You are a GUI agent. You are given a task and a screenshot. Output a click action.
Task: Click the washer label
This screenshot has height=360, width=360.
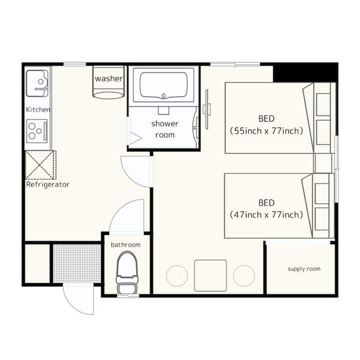click(109, 78)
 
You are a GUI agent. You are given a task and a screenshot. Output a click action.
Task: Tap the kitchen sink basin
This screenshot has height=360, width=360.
click(37, 83)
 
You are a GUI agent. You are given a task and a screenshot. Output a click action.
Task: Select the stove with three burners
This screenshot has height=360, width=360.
click(37, 131)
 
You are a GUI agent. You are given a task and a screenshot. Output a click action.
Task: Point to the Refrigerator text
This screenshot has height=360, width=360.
click(48, 184)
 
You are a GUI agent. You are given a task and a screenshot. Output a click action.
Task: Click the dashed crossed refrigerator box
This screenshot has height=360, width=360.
click(40, 165)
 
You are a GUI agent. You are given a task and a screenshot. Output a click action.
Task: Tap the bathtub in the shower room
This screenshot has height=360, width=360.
click(163, 85)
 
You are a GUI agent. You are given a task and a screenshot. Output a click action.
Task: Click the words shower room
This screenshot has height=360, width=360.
click(165, 129)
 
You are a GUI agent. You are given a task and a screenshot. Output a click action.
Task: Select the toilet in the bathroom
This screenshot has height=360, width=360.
click(127, 272)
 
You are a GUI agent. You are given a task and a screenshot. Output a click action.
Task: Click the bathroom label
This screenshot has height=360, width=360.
click(125, 244)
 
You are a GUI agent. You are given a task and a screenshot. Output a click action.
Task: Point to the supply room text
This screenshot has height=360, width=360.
click(304, 269)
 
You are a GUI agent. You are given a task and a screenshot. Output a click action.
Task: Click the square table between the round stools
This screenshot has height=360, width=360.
click(210, 275)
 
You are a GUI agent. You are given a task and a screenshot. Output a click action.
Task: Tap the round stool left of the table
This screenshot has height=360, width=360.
click(177, 275)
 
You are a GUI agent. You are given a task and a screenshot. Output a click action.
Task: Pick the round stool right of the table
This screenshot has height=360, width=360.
click(244, 275)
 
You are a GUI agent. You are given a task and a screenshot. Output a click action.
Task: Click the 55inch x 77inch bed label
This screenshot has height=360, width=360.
click(266, 131)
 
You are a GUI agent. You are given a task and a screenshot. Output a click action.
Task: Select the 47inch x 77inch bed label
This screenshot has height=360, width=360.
click(266, 214)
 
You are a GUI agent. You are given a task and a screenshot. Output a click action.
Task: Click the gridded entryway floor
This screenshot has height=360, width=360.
click(77, 263)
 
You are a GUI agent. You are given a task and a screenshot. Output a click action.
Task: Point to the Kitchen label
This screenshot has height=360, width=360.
click(38, 109)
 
